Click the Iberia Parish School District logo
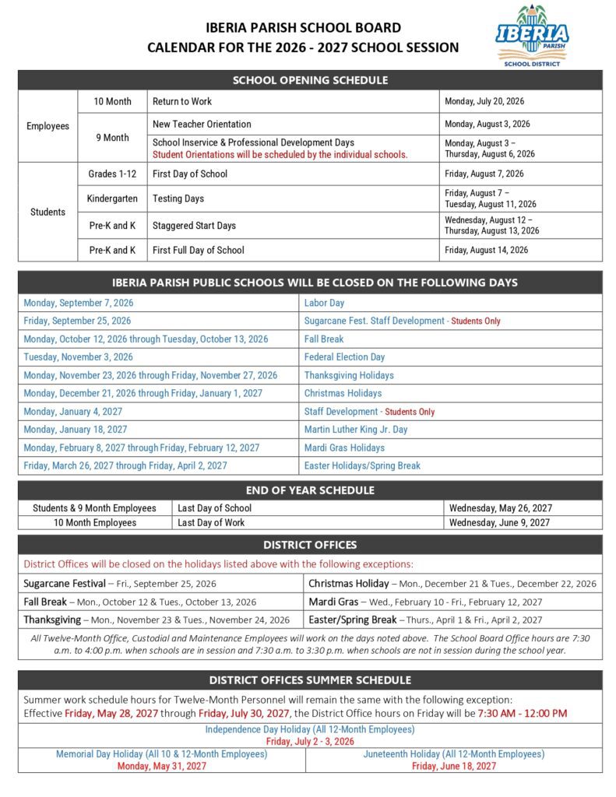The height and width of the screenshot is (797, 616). (x=532, y=35)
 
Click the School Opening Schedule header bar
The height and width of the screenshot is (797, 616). (x=309, y=80)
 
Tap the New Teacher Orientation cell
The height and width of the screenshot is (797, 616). (x=202, y=124)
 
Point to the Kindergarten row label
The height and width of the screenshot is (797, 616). (x=112, y=198)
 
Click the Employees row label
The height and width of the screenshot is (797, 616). (x=48, y=126)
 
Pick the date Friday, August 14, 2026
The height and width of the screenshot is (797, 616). (x=486, y=250)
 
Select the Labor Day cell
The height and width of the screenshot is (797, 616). (x=324, y=303)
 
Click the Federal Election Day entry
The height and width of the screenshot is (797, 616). (x=344, y=357)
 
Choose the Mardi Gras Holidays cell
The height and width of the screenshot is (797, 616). (x=344, y=448)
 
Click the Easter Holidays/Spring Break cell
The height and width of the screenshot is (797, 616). (x=362, y=465)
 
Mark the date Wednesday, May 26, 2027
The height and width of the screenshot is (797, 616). (x=500, y=508)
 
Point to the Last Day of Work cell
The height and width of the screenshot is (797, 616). (x=211, y=522)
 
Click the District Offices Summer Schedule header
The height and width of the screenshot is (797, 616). (x=309, y=680)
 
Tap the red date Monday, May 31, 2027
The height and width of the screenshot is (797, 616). (x=162, y=766)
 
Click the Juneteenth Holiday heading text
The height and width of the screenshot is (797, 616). (x=453, y=754)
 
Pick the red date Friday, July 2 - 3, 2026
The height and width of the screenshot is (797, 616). (x=309, y=741)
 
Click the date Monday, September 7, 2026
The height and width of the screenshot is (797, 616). (x=78, y=303)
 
